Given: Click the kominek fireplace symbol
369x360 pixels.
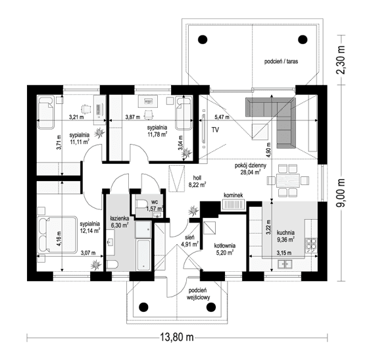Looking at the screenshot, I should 233,205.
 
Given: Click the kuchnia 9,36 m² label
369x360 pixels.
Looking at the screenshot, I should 285,236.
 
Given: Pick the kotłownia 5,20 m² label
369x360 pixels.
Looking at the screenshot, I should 224,249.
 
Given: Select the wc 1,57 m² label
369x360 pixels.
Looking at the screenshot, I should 152,205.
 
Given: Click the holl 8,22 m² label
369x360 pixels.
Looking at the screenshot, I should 196,182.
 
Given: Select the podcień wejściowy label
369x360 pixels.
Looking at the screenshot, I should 197,294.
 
